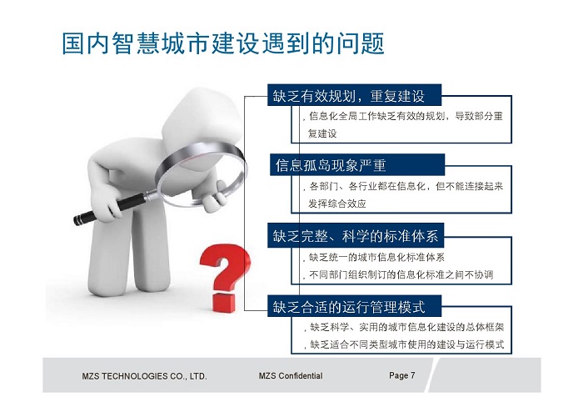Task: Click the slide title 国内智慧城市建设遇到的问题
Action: pyautogui.click(x=222, y=43)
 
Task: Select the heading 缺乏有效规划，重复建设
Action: pyautogui.click(x=349, y=96)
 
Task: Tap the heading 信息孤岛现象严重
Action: pyautogui.click(x=331, y=165)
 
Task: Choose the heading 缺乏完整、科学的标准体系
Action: pyautogui.click(x=356, y=236)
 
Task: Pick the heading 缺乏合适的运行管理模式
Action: pyautogui.click(x=349, y=307)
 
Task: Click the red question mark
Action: pyautogui.click(x=225, y=278)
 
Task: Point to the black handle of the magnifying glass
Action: pyautogui.click(x=110, y=209)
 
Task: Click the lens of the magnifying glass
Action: pyautogui.click(x=202, y=175)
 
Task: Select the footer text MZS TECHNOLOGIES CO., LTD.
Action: pyautogui.click(x=144, y=376)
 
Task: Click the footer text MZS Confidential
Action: pyautogui.click(x=291, y=376)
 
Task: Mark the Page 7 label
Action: pyautogui.click(x=402, y=375)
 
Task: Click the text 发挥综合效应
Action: pyautogui.click(x=337, y=203)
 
